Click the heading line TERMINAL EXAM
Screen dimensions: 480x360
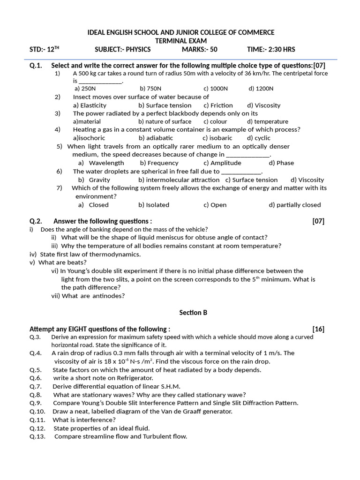pos(181,41)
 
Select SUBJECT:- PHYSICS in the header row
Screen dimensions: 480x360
pos(123,50)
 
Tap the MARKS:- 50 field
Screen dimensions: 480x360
pos(200,50)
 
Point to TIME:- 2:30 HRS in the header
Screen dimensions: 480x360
pos(271,50)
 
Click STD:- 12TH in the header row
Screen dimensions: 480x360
pos(45,50)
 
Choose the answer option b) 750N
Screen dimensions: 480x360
pos(150,88)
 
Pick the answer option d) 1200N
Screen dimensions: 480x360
pos(261,88)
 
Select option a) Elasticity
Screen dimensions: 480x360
pos(90,105)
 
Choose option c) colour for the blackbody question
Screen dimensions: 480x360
pos(215,121)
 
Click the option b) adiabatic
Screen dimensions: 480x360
pos(156,138)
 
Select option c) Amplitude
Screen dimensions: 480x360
pos(222,163)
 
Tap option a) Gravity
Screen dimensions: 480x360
pos(94,180)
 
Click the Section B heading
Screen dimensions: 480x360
pos(193,312)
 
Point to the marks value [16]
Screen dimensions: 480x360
pos(318,329)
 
